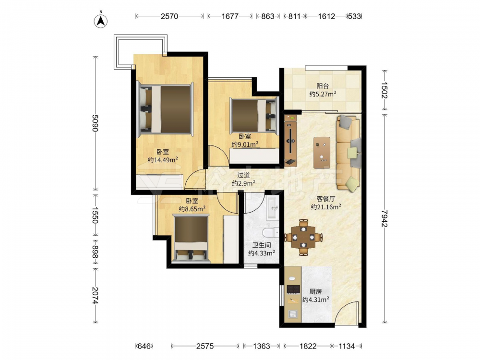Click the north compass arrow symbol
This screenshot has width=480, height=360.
100,21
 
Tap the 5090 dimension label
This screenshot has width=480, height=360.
95,123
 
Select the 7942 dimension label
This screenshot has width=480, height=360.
385,218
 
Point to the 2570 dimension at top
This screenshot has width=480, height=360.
169,16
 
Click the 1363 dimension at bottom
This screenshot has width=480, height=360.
262,346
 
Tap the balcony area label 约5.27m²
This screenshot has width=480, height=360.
323,94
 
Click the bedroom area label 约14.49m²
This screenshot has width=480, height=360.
163,160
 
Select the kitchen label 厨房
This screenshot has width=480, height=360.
316,292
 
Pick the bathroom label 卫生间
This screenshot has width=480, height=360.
262,245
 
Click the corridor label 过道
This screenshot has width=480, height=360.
244,175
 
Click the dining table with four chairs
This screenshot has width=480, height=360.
303,237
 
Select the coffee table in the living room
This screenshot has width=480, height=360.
322,153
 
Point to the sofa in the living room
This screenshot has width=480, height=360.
348,153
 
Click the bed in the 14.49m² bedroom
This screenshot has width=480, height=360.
166,109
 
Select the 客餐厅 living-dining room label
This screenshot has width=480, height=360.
326,199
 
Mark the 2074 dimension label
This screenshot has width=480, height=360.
95,295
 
